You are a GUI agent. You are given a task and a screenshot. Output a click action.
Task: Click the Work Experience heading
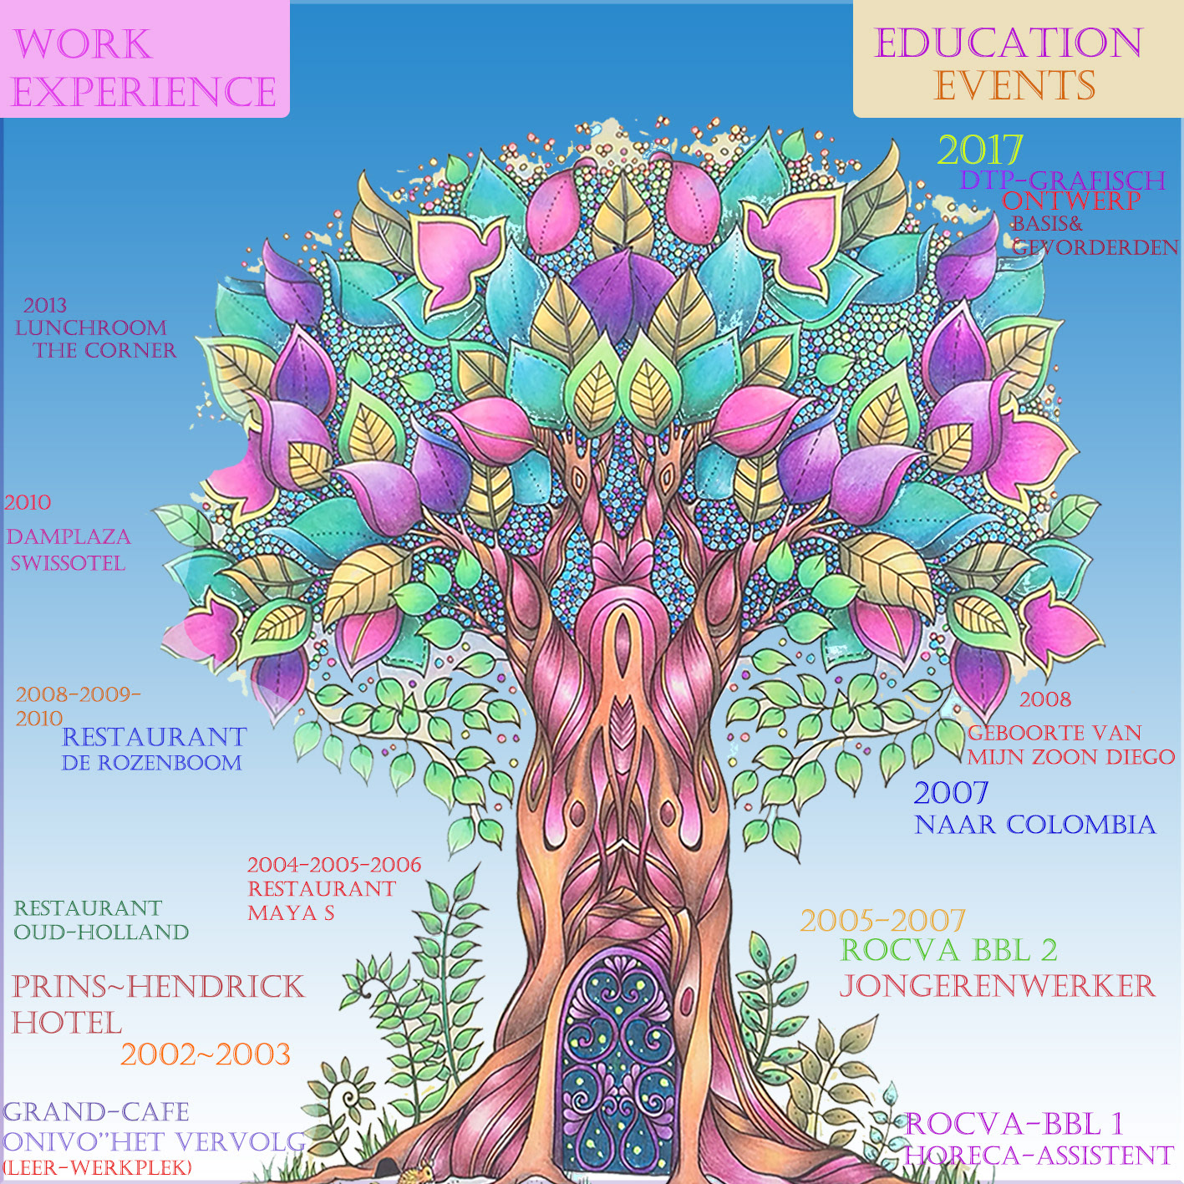click(x=144, y=67)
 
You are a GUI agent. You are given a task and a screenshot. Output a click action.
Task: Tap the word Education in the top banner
click(x=1008, y=43)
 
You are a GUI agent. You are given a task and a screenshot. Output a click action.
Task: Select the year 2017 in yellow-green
click(x=979, y=150)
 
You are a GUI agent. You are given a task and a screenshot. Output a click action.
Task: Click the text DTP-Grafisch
click(x=1062, y=180)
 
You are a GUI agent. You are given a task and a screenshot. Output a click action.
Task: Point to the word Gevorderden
click(x=1095, y=247)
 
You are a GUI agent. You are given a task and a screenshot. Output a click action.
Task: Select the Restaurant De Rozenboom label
click(x=154, y=749)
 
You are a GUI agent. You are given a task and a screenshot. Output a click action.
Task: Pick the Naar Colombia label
click(x=1034, y=825)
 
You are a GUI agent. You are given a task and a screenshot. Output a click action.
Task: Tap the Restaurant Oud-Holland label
click(x=101, y=920)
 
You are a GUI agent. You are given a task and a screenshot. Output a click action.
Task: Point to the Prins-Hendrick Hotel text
click(x=157, y=1004)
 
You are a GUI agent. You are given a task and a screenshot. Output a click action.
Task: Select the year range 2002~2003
click(x=205, y=1054)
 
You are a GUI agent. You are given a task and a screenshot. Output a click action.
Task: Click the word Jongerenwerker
click(x=997, y=986)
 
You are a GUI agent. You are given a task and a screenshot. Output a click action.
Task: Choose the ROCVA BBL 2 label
click(x=948, y=950)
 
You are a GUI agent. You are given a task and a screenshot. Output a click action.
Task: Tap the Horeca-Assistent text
click(x=1039, y=1156)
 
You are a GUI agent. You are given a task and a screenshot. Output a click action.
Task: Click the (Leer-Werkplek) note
click(x=97, y=1168)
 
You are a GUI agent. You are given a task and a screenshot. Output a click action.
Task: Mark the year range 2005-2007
click(x=882, y=921)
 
